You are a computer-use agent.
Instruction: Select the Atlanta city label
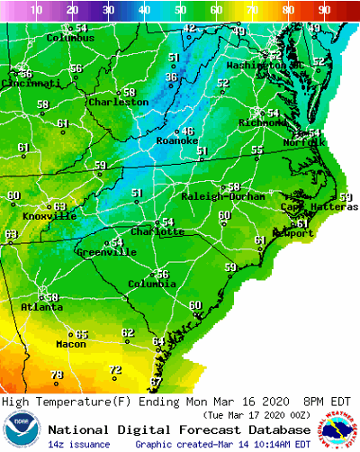(x=41, y=307)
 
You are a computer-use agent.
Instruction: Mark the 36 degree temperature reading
(x=171, y=77)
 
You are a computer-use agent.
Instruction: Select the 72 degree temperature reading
(x=115, y=370)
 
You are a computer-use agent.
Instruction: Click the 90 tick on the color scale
(x=324, y=10)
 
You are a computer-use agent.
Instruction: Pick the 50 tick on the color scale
(x=180, y=10)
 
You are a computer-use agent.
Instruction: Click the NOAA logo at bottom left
(x=21, y=430)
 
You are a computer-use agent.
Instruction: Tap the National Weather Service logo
(x=337, y=430)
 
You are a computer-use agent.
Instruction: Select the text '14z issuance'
(x=80, y=444)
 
